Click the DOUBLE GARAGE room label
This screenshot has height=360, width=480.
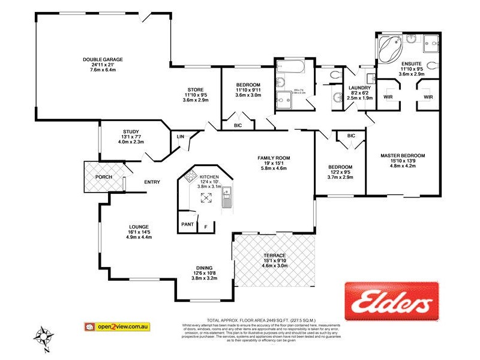(103, 59)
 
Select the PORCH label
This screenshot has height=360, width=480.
(103, 177)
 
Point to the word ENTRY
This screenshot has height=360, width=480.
(152, 182)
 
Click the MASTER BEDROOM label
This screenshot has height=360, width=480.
(403, 155)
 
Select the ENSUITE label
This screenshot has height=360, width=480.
(412, 63)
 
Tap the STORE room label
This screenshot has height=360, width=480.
(196, 89)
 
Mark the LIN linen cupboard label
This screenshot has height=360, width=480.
(180, 137)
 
